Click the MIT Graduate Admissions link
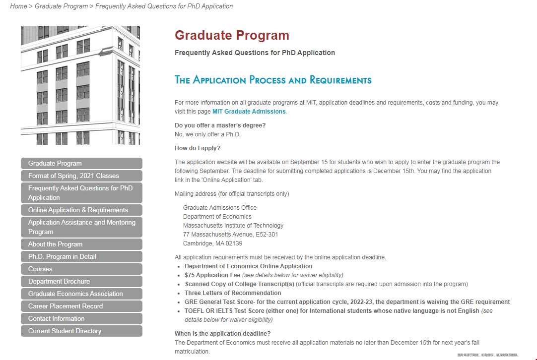[x=249, y=112]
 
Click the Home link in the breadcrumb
[x=18, y=6]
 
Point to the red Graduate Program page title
[x=232, y=36]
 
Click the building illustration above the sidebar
[x=80, y=85]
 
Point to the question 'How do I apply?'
[x=198, y=148]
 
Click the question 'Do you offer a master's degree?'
[x=220, y=125]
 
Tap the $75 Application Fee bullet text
[x=212, y=275]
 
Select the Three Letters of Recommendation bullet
[x=233, y=293]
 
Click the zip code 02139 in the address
[x=234, y=243]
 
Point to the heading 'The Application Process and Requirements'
[x=273, y=80]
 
